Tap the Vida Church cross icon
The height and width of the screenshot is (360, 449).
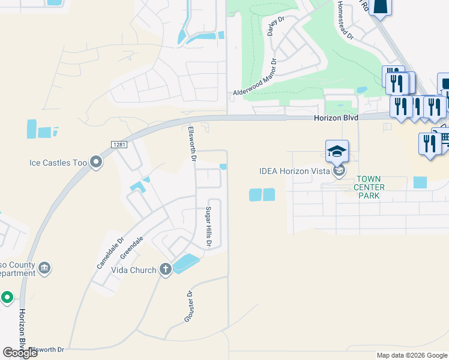coord(165,269)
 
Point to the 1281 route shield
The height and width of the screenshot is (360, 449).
coord(118,145)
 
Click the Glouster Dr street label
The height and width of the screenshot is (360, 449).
coord(188,307)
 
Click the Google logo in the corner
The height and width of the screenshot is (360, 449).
coord(20,352)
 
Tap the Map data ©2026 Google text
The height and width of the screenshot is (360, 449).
coord(412,355)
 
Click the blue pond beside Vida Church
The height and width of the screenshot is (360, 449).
coord(186,263)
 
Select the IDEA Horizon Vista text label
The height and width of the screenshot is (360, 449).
coord(295,171)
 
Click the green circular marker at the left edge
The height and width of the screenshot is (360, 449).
coord(7,297)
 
